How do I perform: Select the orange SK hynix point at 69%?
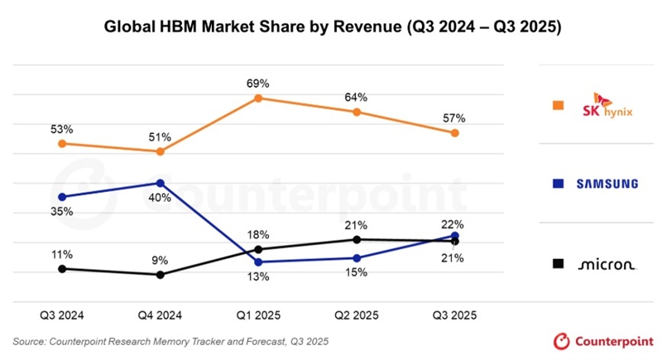point(258,98)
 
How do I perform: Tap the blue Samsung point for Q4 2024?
point(161,183)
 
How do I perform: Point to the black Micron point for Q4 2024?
point(161,275)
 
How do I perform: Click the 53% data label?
point(61,129)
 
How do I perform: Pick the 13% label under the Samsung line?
point(258,277)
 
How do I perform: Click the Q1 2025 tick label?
point(258,315)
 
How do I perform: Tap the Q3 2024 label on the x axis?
point(62,315)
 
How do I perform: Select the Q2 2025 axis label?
point(357,315)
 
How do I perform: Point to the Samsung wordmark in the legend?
point(607,184)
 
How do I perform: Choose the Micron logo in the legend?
point(607,264)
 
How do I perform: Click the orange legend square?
point(559,105)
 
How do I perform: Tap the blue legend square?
point(559,184)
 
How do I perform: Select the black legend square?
point(559,263)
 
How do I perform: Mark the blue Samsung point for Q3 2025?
point(454,236)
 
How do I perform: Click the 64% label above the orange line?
point(357,97)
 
